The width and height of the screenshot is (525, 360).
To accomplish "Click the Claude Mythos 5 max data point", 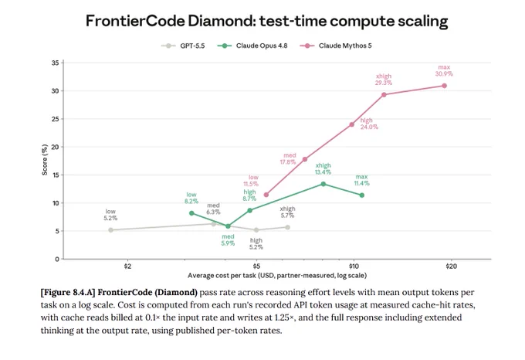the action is pos(444,86).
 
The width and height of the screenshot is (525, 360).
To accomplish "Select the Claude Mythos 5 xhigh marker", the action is pos(384,95).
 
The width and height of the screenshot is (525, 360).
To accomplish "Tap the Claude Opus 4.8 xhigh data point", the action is pos(323,184).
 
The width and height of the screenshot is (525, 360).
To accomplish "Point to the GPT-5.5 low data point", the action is pos(111,230).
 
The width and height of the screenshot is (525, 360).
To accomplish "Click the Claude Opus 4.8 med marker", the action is pos(228,226).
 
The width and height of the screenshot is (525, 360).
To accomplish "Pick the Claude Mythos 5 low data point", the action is pos(266,195).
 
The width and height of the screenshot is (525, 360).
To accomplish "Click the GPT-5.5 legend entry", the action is pos(183,46).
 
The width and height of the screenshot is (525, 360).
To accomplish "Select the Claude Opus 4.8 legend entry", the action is pos(252,46).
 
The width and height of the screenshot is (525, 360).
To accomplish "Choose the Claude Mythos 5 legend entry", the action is pos(336,46).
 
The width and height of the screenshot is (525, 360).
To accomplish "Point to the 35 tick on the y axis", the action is pos(56,63).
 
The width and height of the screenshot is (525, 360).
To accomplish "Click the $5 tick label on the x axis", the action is pos(256,267).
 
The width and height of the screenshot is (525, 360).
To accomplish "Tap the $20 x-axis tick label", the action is pos(451,267).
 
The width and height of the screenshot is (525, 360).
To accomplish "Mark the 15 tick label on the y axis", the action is pos(56,175).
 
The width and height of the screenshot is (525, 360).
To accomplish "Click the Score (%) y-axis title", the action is pos(45,160).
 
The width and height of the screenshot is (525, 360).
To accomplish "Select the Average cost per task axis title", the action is pos(277,276).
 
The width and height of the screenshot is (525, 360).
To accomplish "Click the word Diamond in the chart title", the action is pos(222,21).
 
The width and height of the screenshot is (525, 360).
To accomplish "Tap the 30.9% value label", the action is pos(444,73).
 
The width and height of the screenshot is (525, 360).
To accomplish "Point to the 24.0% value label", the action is pos(369,127).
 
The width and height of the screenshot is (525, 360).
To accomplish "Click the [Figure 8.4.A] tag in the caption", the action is pos(68,292).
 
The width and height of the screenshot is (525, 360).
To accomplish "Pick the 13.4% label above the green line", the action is pos(323,172).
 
